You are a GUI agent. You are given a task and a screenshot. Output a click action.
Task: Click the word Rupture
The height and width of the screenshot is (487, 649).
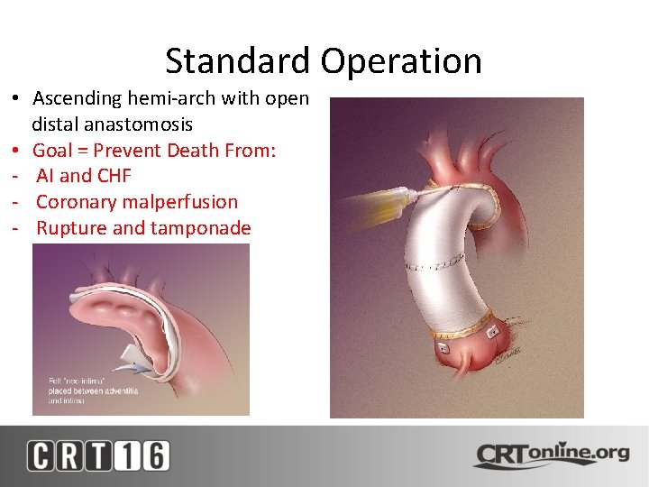point(69,228)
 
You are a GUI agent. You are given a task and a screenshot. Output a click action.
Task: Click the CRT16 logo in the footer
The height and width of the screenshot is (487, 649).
point(97,455)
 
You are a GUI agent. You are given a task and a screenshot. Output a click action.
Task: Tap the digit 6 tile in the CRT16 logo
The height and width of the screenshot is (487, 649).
point(154,455)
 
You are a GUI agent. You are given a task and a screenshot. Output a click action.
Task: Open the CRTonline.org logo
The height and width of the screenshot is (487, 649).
point(551,454)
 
